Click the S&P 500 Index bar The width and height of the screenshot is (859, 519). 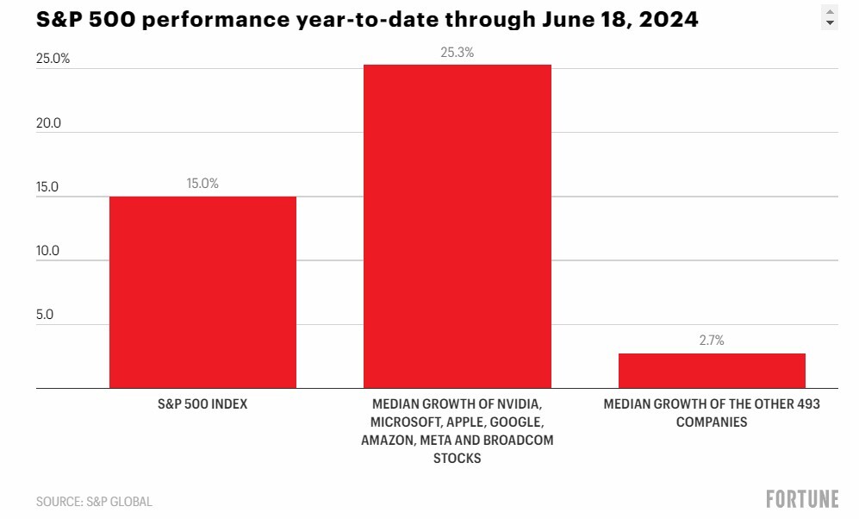(202, 292)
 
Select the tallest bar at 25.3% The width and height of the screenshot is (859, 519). (458, 227)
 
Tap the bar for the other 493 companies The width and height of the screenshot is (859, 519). (712, 371)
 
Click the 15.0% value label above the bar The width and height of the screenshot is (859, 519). (202, 183)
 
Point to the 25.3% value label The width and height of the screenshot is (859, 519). (458, 52)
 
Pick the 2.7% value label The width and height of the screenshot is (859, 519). (712, 341)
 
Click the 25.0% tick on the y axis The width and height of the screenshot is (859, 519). (53, 59)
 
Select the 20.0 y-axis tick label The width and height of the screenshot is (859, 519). (49, 122)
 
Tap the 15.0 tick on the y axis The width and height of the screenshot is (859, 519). (47, 187)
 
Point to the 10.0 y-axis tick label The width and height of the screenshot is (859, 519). (47, 251)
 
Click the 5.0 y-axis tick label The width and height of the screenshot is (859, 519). (45, 315)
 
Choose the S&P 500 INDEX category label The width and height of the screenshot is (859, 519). (202, 404)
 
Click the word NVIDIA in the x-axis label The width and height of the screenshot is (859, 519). (519, 404)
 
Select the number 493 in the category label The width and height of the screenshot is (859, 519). (808, 404)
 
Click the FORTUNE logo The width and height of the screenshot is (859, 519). (802, 499)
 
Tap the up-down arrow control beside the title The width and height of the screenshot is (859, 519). (830, 17)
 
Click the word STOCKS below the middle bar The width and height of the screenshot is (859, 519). (458, 458)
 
